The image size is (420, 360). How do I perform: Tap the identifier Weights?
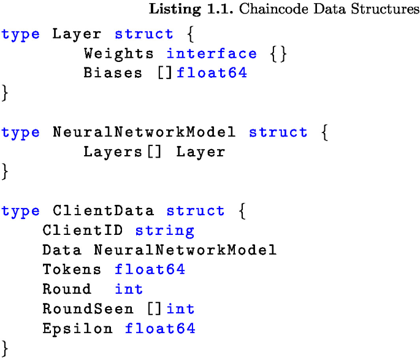point(120,53)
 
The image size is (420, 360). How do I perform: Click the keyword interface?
point(212,53)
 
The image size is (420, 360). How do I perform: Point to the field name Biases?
point(114,73)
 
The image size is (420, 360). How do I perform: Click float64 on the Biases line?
point(212,73)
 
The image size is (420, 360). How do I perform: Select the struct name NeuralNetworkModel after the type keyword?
point(145,132)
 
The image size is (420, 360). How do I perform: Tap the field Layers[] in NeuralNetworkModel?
point(123,151)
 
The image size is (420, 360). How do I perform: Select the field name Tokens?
point(72,269)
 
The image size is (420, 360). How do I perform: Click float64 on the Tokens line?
point(150,269)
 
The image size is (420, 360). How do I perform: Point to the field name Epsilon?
point(78,328)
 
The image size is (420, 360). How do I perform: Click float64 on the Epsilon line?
point(160,328)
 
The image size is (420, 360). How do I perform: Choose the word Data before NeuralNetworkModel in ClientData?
point(62,250)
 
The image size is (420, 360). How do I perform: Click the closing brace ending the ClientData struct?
point(6,348)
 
